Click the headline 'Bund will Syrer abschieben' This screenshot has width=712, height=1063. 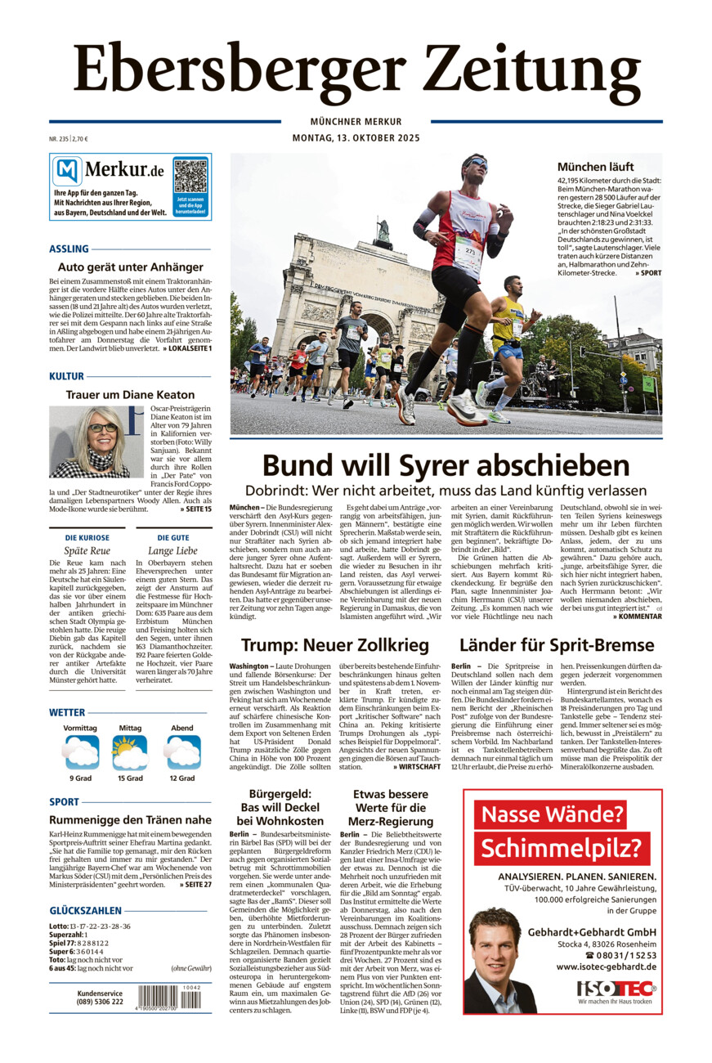[x=446, y=466]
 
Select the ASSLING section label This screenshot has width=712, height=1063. [x=69, y=249]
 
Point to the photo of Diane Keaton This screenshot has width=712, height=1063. [x=89, y=442]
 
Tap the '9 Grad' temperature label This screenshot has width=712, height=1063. [x=80, y=778]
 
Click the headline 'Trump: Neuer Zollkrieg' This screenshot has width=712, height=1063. [x=335, y=645]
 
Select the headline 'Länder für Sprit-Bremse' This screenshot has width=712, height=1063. [x=557, y=645]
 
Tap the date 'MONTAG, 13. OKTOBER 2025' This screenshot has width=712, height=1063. [x=356, y=138]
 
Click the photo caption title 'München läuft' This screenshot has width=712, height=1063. [x=595, y=167]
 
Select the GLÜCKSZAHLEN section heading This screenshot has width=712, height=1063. [x=86, y=910]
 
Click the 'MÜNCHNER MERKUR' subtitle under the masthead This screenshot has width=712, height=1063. [x=356, y=122]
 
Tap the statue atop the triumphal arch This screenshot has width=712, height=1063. [x=383, y=231]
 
